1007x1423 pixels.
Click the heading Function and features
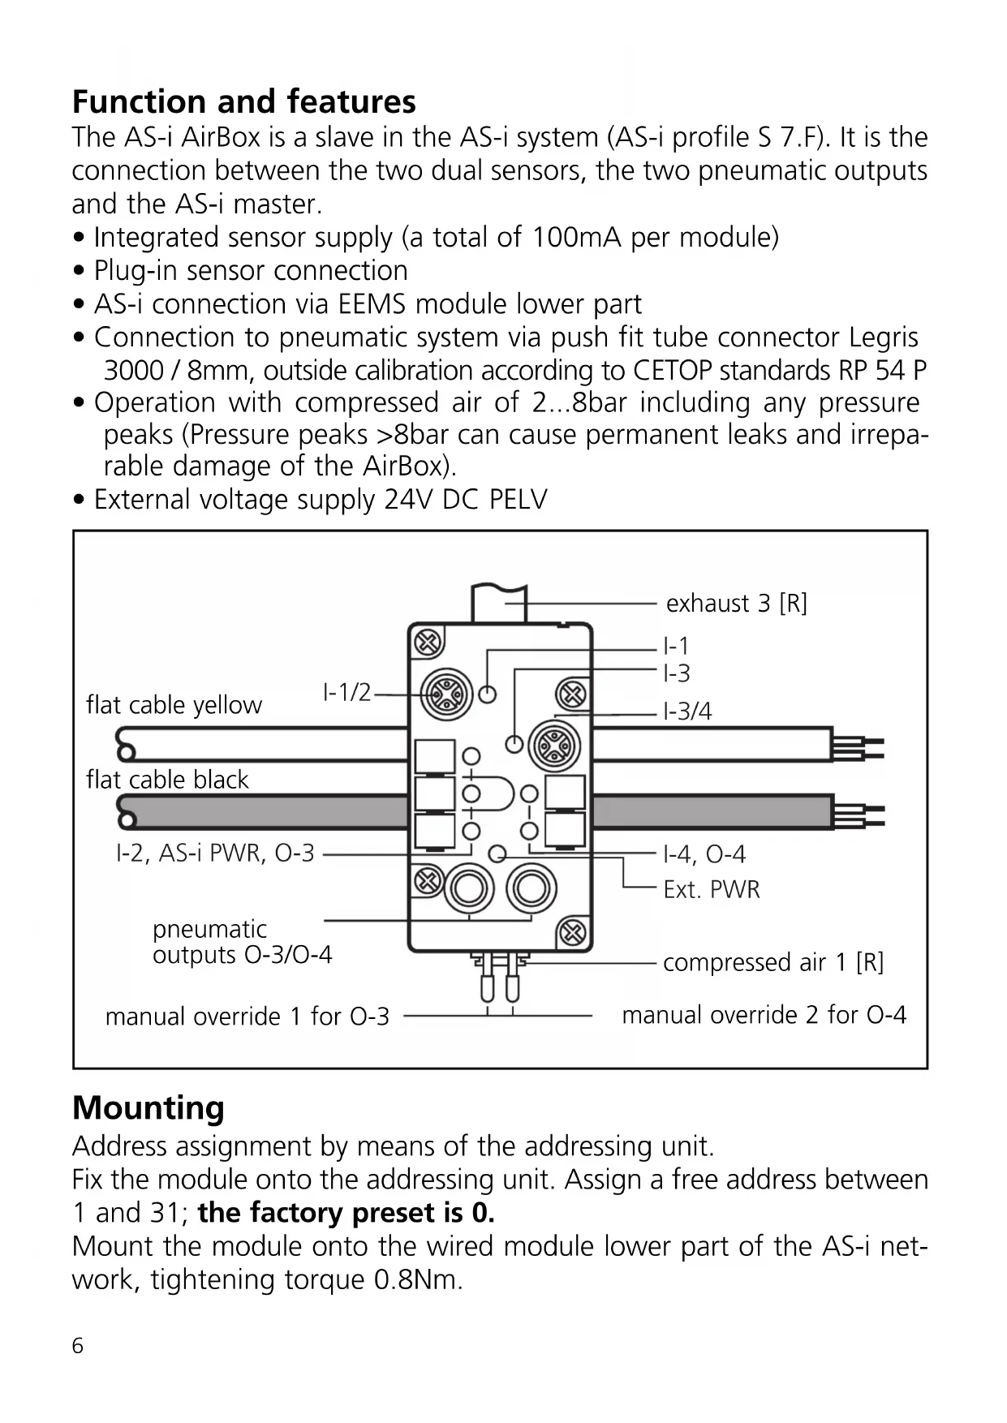click(243, 102)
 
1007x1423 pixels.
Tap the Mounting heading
click(148, 1107)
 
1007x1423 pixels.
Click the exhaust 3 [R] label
click(736, 604)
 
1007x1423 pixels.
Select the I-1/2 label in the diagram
click(346, 693)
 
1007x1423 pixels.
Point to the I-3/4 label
click(687, 711)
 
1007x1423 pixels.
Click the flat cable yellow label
click(174, 705)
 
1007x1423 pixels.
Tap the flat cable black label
click(167, 780)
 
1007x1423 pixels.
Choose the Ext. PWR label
click(711, 890)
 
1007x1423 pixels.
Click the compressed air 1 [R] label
click(772, 962)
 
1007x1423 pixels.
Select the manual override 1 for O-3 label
click(247, 1017)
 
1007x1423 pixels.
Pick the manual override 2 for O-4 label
click(764, 1015)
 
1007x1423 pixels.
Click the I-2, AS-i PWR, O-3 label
click(215, 853)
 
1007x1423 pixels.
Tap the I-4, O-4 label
click(704, 854)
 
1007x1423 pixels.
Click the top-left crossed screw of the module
click(428, 643)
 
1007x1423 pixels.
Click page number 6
click(78, 1346)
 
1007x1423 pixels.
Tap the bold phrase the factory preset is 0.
click(346, 1213)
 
